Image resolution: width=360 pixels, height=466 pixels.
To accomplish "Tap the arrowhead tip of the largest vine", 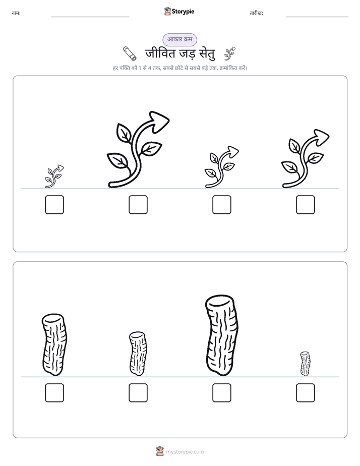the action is (x=169, y=120).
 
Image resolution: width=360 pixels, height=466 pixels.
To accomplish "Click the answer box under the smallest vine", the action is (x=54, y=205).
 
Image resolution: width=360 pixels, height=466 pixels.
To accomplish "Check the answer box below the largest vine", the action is (x=138, y=205).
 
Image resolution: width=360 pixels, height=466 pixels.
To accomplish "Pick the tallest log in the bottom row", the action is (x=222, y=335).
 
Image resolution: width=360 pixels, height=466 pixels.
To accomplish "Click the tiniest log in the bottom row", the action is (x=305, y=364).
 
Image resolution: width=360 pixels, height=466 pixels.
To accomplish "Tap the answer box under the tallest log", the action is (x=222, y=393).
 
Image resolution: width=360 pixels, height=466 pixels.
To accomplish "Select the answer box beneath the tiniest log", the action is (x=306, y=393).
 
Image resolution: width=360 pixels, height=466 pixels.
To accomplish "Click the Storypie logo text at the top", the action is (x=183, y=12).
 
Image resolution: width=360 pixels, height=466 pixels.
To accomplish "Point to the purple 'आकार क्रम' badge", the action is (x=179, y=39).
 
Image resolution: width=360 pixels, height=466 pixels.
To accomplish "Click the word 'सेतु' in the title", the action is (x=205, y=54).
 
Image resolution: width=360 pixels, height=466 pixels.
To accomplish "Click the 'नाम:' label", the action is (x=16, y=13).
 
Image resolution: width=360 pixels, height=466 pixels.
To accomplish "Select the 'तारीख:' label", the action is (x=256, y=13).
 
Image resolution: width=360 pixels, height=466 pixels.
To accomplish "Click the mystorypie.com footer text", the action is (x=185, y=452).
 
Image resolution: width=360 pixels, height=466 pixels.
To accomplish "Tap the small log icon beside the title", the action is (x=130, y=53).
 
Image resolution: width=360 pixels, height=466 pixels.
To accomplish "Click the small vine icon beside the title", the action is (x=229, y=53).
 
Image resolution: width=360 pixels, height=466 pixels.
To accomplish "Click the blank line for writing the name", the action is (x=90, y=17).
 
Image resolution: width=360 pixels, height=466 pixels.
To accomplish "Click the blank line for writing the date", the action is (x=317, y=17).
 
